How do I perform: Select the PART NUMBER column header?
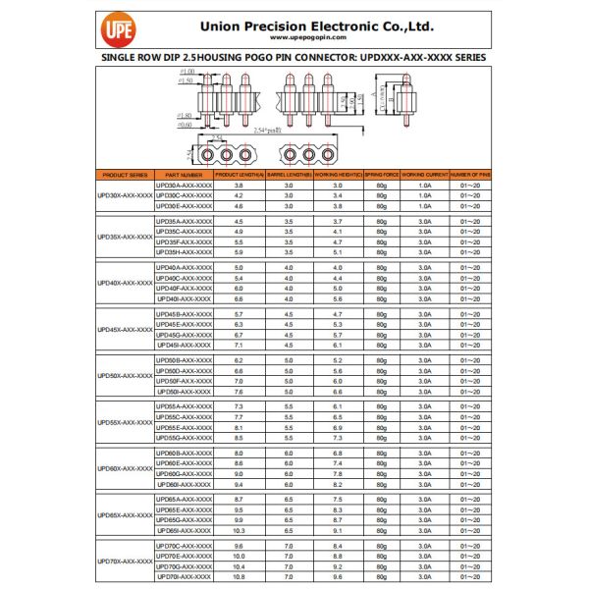185,174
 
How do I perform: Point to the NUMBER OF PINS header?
469,174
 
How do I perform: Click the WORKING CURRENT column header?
425,174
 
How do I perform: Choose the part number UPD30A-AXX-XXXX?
185,185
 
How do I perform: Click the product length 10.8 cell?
239,576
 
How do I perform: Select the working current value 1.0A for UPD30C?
425,195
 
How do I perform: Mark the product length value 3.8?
239,185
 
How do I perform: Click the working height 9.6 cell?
338,576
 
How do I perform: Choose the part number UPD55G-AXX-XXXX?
185,438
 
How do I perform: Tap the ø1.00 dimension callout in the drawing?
187,73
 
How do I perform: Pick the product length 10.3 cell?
239,530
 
